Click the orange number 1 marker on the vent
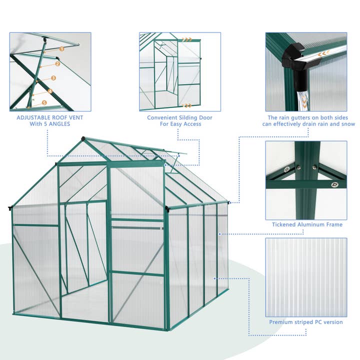(61, 49)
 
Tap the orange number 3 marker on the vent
(53, 78)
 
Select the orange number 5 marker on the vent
(44, 103)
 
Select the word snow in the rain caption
(347, 124)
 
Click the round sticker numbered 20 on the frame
(287, 169)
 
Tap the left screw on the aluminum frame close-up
(298, 167)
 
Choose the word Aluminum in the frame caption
(315, 224)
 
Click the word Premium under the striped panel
(281, 322)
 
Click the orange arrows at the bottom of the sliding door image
(187, 105)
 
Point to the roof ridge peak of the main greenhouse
(83, 138)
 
